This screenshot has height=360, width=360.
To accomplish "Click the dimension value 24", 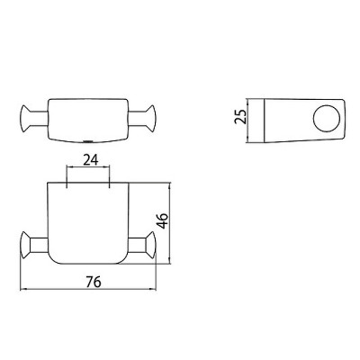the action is (x=91, y=160).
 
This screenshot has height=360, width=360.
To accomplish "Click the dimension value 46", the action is (x=164, y=220).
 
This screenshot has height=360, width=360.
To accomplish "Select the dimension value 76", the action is (x=94, y=282).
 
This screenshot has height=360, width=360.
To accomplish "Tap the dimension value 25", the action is (x=240, y=117).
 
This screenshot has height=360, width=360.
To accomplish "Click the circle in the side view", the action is (x=327, y=119).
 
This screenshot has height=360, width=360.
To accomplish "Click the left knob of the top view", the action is (x=25, y=118).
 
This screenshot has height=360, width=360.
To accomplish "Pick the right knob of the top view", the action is (x=151, y=118).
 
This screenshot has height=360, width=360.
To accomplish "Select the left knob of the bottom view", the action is (x=25, y=245).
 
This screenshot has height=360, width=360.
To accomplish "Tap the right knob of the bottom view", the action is (x=151, y=245).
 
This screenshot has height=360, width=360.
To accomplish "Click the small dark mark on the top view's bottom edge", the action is (x=87, y=140).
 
